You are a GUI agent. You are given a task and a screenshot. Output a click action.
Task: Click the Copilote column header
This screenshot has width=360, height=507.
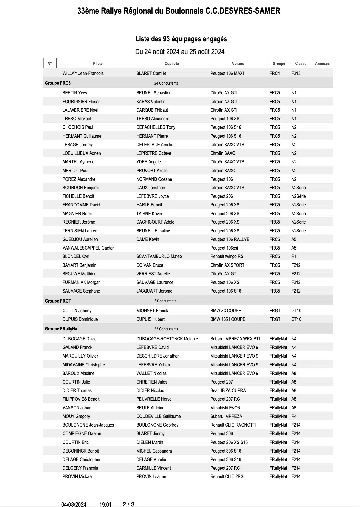pos(171,64)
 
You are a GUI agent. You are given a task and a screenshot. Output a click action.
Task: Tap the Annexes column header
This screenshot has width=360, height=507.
pos(322,64)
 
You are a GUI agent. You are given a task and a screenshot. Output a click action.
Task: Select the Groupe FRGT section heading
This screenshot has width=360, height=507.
pos(58,301)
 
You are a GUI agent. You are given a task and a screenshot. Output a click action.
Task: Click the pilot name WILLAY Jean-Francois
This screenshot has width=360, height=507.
pos(83,73)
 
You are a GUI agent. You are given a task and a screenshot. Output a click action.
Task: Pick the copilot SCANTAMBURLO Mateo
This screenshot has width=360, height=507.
pos(159,256)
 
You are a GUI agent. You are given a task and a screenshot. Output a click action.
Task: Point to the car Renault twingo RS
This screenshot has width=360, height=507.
pos(227,256)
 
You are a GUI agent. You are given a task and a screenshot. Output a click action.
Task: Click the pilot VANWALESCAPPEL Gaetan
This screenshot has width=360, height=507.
pos(88,248)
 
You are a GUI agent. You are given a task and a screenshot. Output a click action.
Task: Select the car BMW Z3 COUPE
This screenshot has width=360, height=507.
pos(226,311)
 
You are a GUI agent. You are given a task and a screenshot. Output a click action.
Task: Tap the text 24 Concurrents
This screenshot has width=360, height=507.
pos(166,83)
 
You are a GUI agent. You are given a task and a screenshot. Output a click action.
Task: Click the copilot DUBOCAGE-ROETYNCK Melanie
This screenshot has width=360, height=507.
pos(167,339)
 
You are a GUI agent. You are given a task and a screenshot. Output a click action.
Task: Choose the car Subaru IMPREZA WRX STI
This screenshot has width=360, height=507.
pos(235,339)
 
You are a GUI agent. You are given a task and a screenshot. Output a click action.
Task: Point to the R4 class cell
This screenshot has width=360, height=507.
pos(294,416)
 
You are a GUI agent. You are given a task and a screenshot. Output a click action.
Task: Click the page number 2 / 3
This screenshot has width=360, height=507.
pos(128,504)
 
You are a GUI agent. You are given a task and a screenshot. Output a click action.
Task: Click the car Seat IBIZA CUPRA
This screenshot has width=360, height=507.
pos(228,390)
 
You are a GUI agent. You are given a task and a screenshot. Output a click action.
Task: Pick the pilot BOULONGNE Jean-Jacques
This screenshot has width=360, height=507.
pos(88,425)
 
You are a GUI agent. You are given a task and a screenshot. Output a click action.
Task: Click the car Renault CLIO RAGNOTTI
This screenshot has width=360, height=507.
pos(233,425)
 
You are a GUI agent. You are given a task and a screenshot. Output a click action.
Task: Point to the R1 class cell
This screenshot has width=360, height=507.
pos(294,256)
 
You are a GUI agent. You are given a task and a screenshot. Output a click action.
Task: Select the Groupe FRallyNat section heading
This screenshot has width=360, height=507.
pos(62,329)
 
